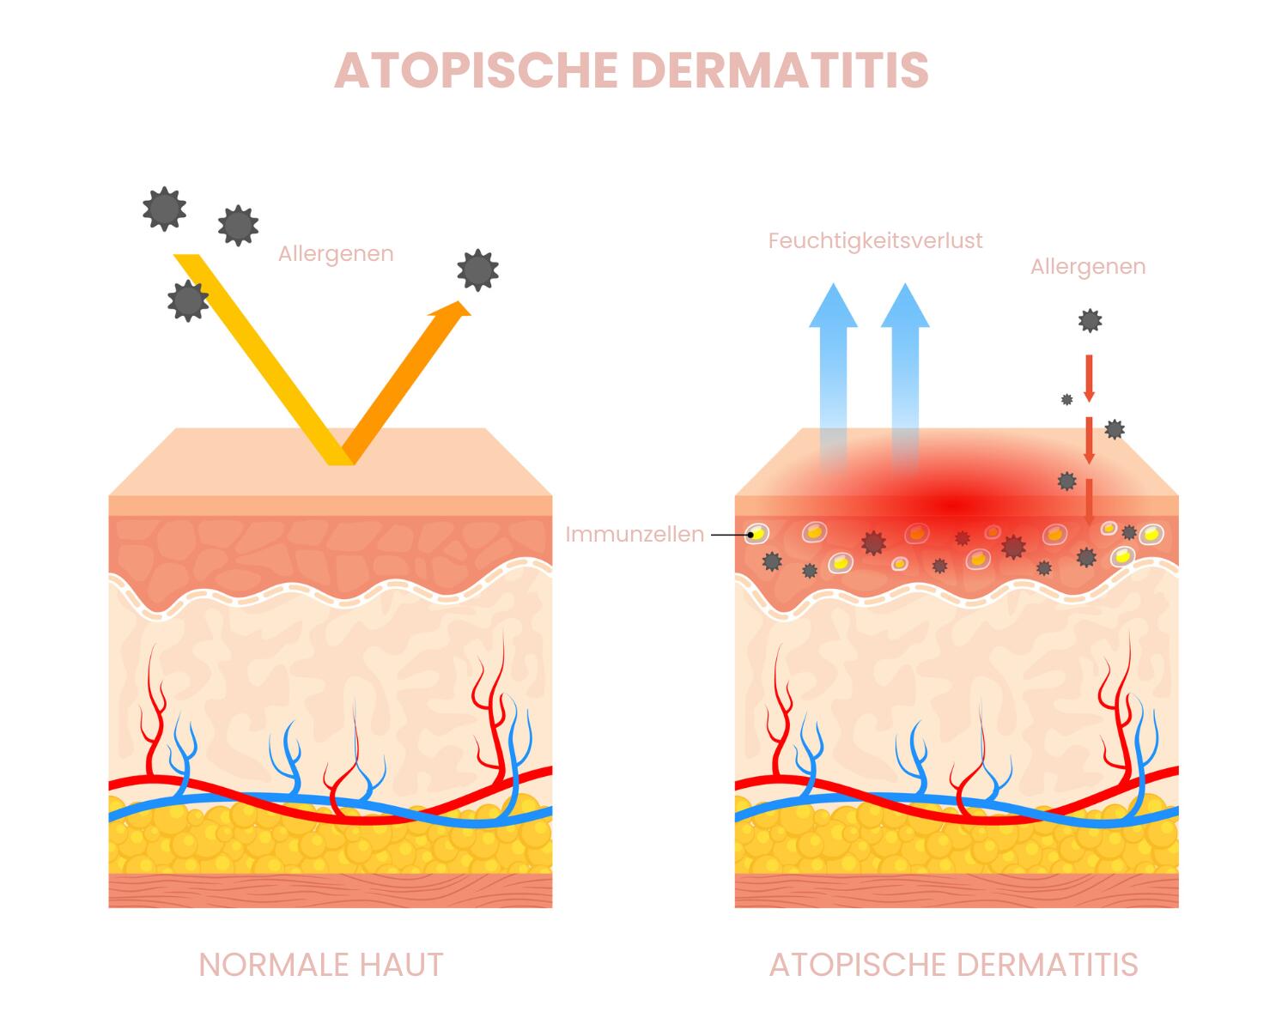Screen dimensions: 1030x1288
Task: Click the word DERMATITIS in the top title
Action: pyautogui.click(x=780, y=70)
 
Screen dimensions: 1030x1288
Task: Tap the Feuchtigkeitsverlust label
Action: pyautogui.click(x=875, y=240)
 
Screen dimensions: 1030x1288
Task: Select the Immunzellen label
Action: pyautogui.click(x=635, y=534)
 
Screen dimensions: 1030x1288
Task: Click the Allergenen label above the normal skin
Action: pyautogui.click(x=336, y=254)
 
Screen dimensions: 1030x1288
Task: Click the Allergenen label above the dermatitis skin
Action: pyautogui.click(x=1088, y=267)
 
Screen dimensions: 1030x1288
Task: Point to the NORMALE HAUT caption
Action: pyautogui.click(x=321, y=965)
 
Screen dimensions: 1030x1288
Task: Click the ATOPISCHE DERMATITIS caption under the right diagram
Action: pyautogui.click(x=953, y=965)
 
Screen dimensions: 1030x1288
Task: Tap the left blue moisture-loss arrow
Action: pyautogui.click(x=833, y=360)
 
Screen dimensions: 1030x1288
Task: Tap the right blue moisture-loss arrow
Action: pyautogui.click(x=905, y=360)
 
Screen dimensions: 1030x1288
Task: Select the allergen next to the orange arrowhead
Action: pyautogui.click(x=477, y=270)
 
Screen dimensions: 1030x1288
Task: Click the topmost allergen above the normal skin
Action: pyautogui.click(x=163, y=209)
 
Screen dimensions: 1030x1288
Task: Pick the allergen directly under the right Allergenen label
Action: pyautogui.click(x=1090, y=321)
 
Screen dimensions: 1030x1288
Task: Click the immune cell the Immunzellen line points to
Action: pyautogui.click(x=756, y=534)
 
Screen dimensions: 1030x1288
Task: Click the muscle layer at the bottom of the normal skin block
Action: pyautogui.click(x=331, y=890)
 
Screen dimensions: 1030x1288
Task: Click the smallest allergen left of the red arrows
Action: pyautogui.click(x=1066, y=399)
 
